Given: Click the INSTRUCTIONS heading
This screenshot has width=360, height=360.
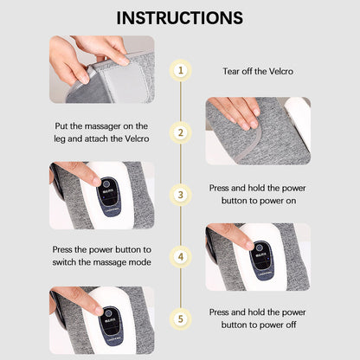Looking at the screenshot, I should pyautogui.click(x=180, y=17).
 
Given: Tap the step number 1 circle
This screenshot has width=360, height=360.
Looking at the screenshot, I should pyautogui.click(x=180, y=70).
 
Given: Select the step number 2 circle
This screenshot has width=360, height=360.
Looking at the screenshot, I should pyautogui.click(x=180, y=132).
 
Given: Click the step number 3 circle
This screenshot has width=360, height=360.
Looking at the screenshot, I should pyautogui.click(x=180, y=195).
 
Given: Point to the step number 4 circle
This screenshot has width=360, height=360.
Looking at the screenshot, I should pyautogui.click(x=180, y=256).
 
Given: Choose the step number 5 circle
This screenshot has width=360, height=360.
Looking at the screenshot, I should pyautogui.click(x=180, y=318).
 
